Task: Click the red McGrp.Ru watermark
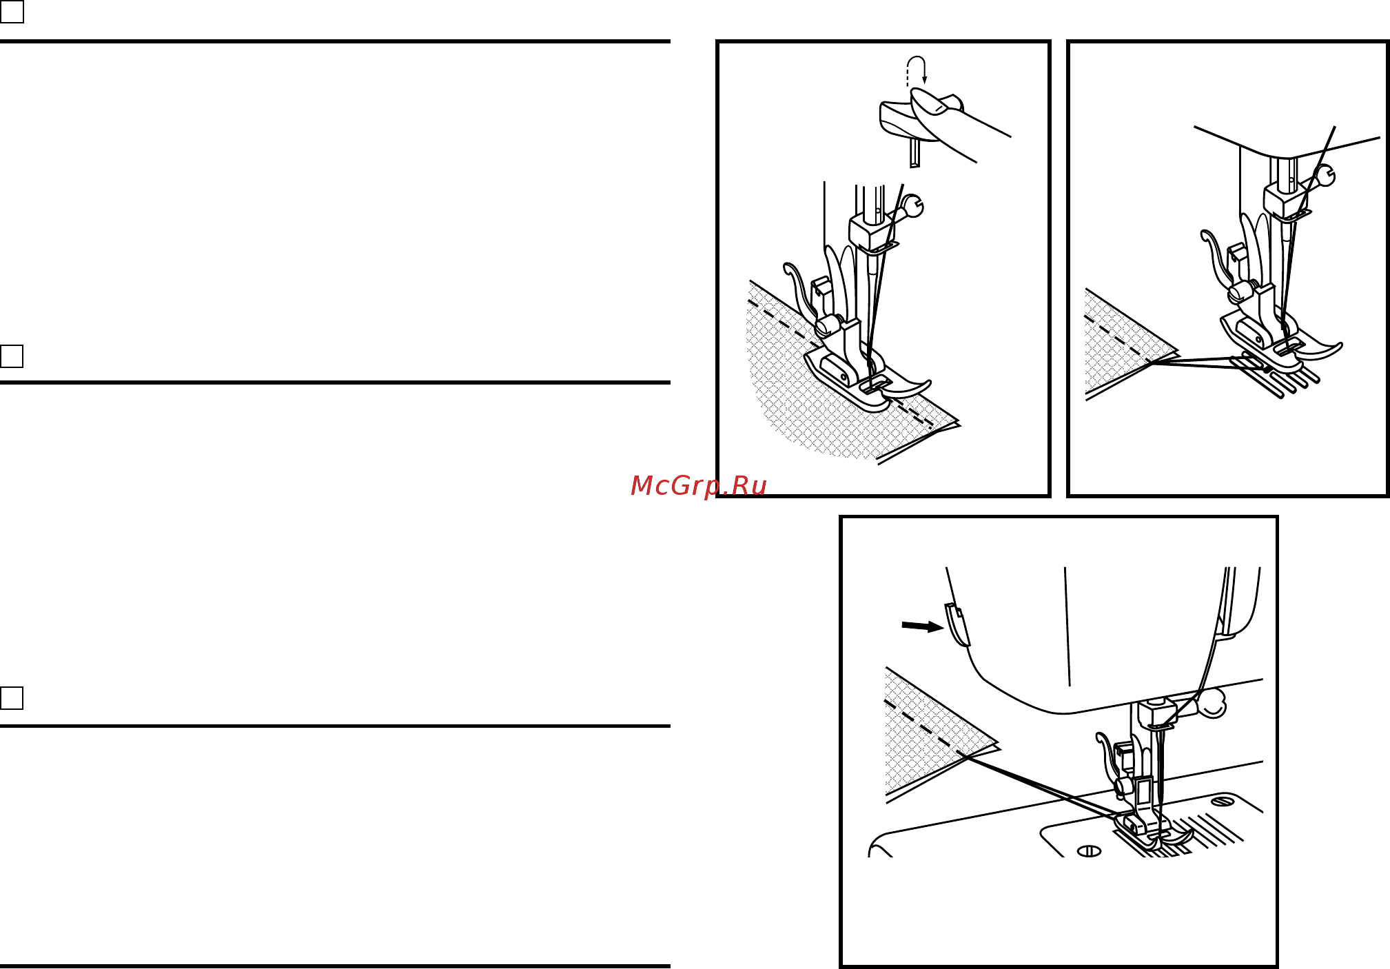click(x=698, y=486)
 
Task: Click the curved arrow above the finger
click(x=917, y=70)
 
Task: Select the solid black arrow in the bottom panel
click(x=923, y=626)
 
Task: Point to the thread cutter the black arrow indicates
click(x=957, y=624)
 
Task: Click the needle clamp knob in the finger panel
click(x=912, y=205)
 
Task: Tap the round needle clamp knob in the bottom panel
click(x=1212, y=703)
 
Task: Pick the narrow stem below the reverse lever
click(x=914, y=152)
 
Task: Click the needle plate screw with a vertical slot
click(x=1089, y=851)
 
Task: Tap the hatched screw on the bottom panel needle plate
click(x=1223, y=802)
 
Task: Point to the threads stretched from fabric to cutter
click(x=1040, y=786)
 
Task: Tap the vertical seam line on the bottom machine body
click(x=1067, y=626)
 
